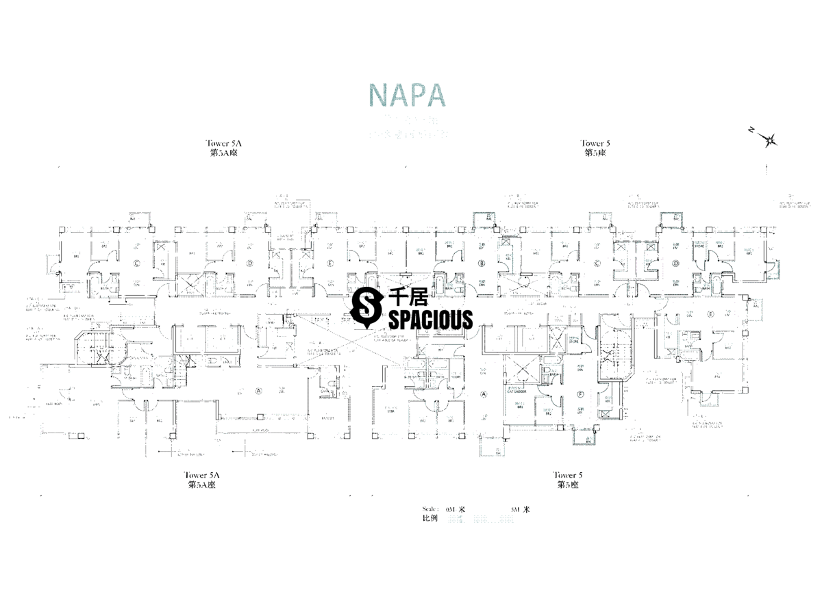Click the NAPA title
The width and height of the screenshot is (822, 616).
(x=407, y=94)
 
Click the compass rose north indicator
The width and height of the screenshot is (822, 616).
(x=770, y=140)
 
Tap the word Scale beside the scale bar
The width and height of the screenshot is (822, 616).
(x=431, y=509)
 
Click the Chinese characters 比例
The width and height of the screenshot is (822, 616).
(x=430, y=519)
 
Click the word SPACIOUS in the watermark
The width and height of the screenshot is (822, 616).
(x=430, y=319)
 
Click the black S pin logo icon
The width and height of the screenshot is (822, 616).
(x=367, y=307)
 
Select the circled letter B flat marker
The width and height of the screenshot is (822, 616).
(x=482, y=263)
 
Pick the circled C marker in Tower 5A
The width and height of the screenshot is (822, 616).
(x=136, y=263)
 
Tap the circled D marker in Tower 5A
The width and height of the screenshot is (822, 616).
(x=250, y=263)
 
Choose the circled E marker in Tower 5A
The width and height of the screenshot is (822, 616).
(x=330, y=263)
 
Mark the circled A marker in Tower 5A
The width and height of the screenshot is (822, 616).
(x=240, y=392)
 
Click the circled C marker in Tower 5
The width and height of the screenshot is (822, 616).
(x=597, y=263)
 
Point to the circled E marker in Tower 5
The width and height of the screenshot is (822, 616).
(x=710, y=315)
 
